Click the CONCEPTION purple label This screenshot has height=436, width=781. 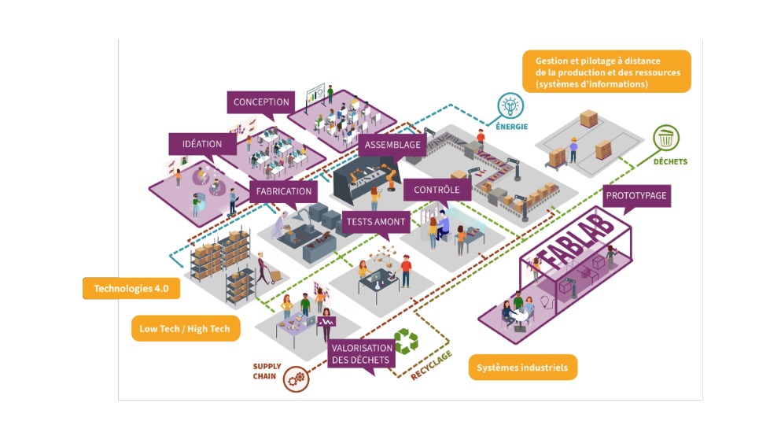pyautogui.click(x=261, y=102)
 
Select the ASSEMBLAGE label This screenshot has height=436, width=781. pyautogui.click(x=392, y=145)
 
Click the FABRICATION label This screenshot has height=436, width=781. pyautogui.click(x=284, y=190)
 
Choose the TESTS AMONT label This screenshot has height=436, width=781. pyautogui.click(x=376, y=222)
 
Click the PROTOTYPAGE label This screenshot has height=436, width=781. pyautogui.click(x=637, y=195)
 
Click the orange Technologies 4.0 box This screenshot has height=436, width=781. pyautogui.click(x=131, y=289)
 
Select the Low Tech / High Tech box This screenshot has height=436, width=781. pyautogui.click(x=185, y=328)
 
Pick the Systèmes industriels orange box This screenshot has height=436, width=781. pyautogui.click(x=522, y=368)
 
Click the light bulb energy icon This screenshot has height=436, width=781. pyautogui.click(x=510, y=105)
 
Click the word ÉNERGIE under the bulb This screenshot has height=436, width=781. pyautogui.click(x=511, y=126)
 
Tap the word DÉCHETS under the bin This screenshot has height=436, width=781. pyautogui.click(x=670, y=162)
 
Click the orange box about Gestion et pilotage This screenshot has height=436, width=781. pyautogui.click(x=606, y=72)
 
